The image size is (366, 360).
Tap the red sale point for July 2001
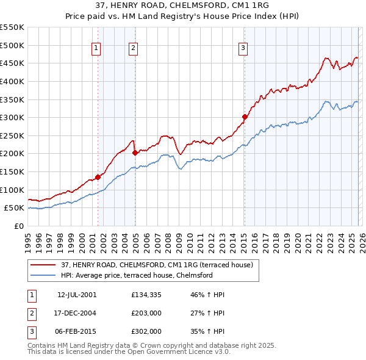98,177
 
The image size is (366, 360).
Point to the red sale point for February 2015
245,117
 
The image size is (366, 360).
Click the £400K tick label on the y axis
12,81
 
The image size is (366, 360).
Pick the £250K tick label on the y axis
12,135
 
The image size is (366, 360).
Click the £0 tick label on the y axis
20,226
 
